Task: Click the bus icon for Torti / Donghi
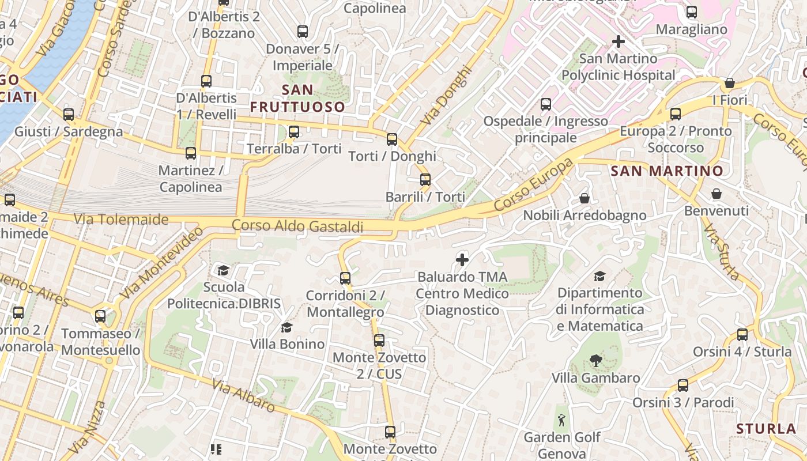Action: (x=392, y=139)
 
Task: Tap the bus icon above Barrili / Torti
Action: (x=425, y=179)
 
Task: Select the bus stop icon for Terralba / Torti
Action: (x=294, y=132)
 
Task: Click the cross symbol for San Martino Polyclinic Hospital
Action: (x=619, y=41)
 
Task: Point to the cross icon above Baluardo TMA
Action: (x=462, y=260)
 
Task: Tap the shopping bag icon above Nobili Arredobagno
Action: (x=584, y=198)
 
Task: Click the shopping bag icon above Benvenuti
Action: (x=717, y=194)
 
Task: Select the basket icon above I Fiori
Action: (x=730, y=83)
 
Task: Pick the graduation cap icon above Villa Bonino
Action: (x=286, y=328)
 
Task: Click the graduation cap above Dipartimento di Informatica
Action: (x=600, y=276)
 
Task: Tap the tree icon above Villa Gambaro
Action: (x=596, y=361)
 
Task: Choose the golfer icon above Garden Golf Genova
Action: (x=562, y=420)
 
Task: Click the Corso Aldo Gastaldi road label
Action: (x=297, y=226)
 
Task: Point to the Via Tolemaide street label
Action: (x=121, y=220)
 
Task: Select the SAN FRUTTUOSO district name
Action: (x=297, y=98)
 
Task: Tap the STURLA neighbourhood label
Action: (x=766, y=429)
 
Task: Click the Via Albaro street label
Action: (x=243, y=395)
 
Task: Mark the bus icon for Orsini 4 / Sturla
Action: (x=742, y=335)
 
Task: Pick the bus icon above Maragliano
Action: (x=692, y=12)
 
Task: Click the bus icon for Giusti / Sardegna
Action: (x=69, y=115)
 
